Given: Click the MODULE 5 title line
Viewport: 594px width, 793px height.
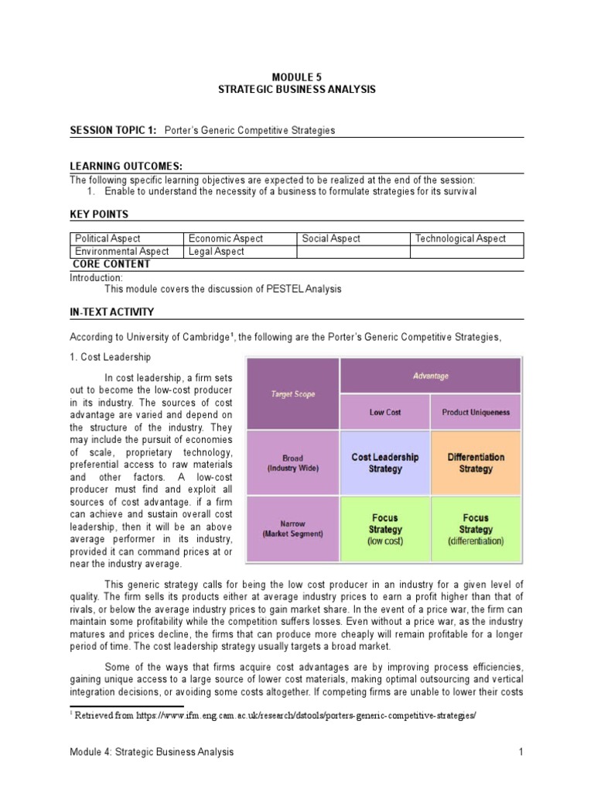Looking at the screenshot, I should pyautogui.click(x=296, y=77).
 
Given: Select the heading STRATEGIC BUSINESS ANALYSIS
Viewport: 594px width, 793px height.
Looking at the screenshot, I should pyautogui.click(x=296, y=90).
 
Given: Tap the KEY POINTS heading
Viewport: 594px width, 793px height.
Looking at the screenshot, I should pyautogui.click(x=99, y=214).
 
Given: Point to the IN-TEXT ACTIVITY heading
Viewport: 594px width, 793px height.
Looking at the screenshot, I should pyautogui.click(x=112, y=312).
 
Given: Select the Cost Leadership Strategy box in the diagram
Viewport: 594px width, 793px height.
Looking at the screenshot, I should pyautogui.click(x=385, y=463).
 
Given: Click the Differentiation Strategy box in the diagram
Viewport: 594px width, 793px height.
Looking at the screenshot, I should pyautogui.click(x=476, y=463).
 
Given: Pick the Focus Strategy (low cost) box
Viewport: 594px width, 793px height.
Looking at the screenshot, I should pyautogui.click(x=385, y=530).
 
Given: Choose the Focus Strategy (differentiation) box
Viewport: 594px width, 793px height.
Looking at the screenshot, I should pyautogui.click(x=476, y=530).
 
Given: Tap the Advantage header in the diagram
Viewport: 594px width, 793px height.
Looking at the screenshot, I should pyautogui.click(x=430, y=376).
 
